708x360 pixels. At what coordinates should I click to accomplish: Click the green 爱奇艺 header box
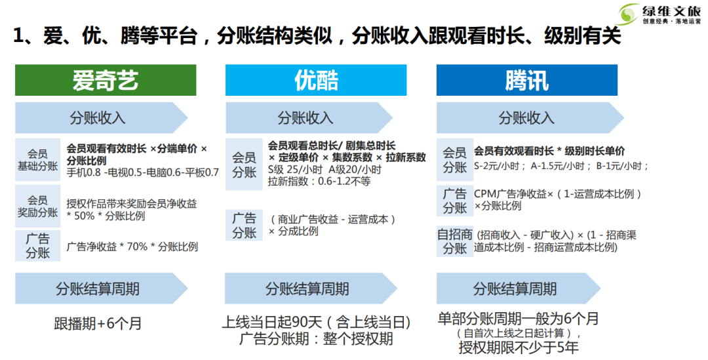(106, 80)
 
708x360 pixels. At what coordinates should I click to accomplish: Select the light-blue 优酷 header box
(316, 80)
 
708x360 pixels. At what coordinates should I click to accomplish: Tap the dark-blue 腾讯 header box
(526, 80)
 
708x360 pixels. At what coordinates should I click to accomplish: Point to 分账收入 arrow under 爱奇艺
(98, 118)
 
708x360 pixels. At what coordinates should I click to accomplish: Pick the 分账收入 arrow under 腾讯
(524, 118)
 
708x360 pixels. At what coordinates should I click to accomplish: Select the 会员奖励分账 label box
(37, 206)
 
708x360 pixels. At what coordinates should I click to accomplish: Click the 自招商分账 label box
(454, 241)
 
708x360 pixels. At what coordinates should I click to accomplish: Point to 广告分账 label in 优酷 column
(245, 225)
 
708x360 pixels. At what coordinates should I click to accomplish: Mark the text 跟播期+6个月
(98, 324)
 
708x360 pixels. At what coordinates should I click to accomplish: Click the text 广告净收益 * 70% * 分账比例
(132, 247)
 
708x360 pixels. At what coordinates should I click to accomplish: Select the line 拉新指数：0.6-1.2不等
(319, 180)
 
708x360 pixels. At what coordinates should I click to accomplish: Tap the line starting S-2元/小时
(560, 166)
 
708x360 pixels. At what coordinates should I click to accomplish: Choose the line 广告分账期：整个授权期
(316, 339)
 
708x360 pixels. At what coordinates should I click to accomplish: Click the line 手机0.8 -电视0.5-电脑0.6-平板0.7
(142, 173)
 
